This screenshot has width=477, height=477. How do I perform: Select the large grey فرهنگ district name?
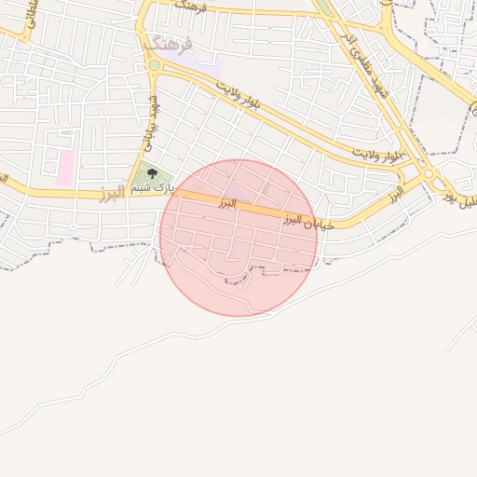pyautogui.click(x=168, y=45)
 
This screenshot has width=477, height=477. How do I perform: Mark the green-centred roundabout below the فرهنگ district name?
pyautogui.click(x=154, y=65)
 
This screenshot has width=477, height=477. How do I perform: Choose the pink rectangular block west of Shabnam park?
pyautogui.click(x=65, y=168)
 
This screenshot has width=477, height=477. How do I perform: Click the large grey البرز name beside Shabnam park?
pyautogui.click(x=111, y=194)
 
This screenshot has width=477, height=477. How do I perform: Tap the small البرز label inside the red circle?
pyautogui.click(x=227, y=202)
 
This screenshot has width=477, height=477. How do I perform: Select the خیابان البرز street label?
pyautogui.click(x=307, y=219)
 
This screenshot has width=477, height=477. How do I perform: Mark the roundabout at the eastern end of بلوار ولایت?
pyautogui.click(x=429, y=174)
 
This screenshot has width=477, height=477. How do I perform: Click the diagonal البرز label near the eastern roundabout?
pyautogui.click(x=395, y=196)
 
